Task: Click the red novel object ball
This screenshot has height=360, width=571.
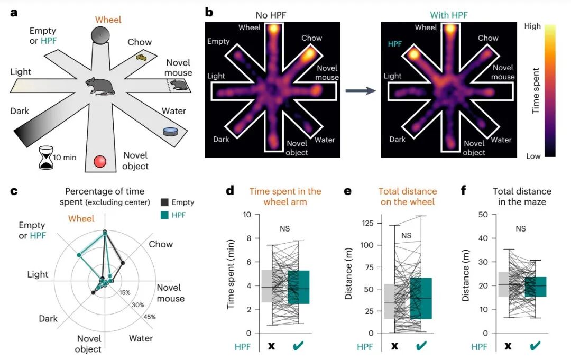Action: (100, 161)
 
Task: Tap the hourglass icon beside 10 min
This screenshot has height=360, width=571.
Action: (46, 158)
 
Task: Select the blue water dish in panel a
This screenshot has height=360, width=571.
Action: (170, 132)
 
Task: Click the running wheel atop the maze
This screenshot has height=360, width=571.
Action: (100, 35)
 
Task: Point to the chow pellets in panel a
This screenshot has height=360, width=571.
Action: (141, 57)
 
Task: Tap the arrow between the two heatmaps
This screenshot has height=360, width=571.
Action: (361, 90)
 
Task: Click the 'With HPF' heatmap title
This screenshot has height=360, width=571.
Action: (449, 15)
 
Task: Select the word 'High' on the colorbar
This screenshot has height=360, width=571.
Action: (532, 26)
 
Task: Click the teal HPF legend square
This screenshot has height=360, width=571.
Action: (164, 215)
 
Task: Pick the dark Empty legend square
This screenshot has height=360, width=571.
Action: (164, 202)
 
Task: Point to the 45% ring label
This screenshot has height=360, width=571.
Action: (149, 317)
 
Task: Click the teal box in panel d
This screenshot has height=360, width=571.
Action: (299, 287)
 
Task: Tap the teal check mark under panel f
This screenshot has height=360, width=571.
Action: (535, 345)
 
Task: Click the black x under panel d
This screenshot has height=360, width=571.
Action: (271, 346)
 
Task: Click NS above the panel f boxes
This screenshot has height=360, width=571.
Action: (521, 228)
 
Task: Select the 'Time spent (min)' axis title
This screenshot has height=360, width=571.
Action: (230, 274)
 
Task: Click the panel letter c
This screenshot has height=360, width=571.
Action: (14, 191)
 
